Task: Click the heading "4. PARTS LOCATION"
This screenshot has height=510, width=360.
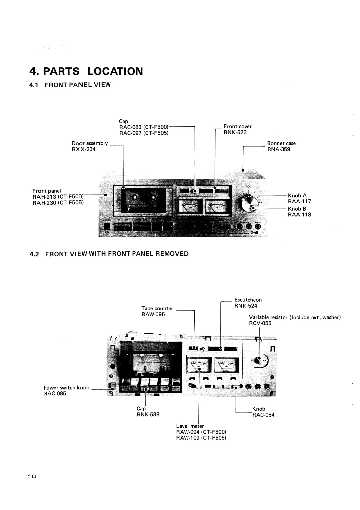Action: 86,71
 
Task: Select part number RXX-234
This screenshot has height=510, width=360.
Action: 84,149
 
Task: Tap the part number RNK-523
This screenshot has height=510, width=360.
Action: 235,132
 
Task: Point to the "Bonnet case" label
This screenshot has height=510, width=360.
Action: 281,143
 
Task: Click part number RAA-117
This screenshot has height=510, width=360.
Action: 299,201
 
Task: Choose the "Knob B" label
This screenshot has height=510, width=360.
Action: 297,209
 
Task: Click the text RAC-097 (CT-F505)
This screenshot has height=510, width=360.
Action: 144,133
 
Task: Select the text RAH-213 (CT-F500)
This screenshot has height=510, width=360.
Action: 58,197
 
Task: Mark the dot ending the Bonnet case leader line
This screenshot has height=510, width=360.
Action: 243,170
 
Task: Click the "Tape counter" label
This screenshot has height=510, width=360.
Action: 157,308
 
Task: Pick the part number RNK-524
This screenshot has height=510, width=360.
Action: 246,306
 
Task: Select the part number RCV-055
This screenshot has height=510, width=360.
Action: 260,323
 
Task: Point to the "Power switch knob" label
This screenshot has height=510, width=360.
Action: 67,388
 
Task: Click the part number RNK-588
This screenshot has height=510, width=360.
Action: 148,415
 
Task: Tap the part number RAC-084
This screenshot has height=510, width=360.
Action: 263,415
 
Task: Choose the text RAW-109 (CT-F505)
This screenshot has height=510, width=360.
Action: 201,438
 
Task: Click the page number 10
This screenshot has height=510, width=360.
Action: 32,476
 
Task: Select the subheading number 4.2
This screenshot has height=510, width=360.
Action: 34,254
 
